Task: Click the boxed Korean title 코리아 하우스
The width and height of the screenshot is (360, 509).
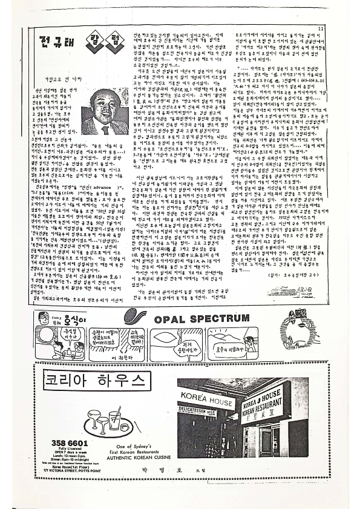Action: (x=105, y=380)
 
